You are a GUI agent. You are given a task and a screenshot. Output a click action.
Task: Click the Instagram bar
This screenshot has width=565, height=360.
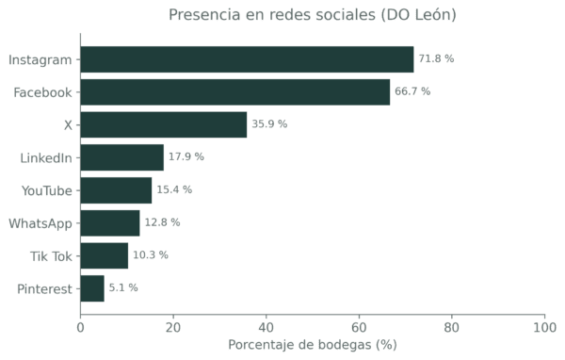[247, 59]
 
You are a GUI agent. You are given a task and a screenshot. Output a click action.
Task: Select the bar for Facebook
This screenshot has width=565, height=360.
[235, 92]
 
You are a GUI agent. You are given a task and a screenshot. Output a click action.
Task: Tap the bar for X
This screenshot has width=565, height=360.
[164, 124]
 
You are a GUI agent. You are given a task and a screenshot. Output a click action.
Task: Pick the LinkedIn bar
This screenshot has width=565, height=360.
[122, 157]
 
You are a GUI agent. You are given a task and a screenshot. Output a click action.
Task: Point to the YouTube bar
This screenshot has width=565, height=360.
[117, 190]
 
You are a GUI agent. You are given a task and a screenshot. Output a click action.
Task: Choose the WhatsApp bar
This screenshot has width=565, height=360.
[111, 223]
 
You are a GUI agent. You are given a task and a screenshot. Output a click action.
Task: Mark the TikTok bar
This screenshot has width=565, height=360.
[105, 255]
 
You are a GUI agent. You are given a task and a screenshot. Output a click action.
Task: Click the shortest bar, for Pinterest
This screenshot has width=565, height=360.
[93, 288]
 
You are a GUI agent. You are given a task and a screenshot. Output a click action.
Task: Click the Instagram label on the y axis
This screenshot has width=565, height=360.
[40, 59]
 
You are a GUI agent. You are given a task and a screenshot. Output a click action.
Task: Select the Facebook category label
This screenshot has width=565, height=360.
[44, 92]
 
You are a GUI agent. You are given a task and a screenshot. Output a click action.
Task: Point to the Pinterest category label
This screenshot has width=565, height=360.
[45, 288]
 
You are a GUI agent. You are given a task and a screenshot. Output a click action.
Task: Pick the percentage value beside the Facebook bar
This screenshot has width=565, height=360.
[413, 92]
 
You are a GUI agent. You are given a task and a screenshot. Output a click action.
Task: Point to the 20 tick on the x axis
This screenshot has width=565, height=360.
[173, 327]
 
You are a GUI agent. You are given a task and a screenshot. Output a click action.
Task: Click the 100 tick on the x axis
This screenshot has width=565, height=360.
[544, 327]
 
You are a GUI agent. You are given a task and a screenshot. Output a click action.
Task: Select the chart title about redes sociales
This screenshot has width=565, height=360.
[313, 15]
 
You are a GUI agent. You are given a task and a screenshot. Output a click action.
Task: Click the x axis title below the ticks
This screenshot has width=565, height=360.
[313, 345]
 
